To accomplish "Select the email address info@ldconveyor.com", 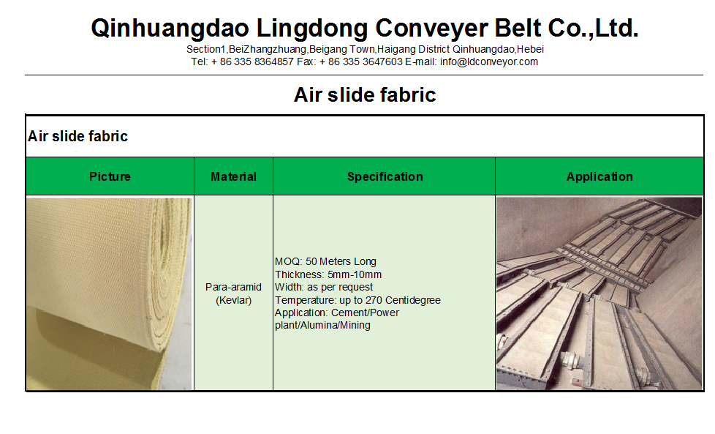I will click(488, 61).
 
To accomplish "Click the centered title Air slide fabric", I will click(364, 94).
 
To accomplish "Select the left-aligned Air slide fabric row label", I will click(77, 136).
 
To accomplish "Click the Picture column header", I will click(110, 176).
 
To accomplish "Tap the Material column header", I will click(233, 176).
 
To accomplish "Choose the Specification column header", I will click(385, 176).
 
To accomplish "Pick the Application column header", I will click(599, 176).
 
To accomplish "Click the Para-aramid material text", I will click(233, 287).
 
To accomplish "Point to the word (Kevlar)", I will click(233, 300).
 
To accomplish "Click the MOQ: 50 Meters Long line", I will click(326, 261).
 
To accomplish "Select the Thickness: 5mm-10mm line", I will click(328, 274).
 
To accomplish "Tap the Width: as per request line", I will click(324, 287).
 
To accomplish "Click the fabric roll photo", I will click(110, 293).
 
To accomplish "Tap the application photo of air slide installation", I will click(599, 293).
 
